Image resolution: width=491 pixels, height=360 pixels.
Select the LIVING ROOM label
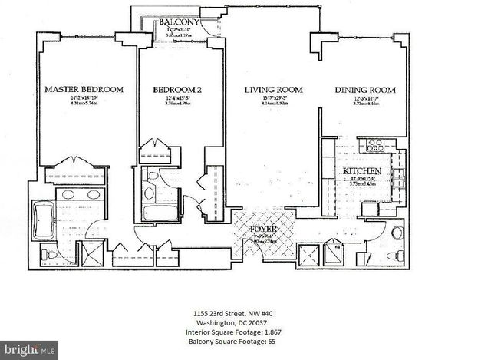pyautogui.click(x=273, y=90)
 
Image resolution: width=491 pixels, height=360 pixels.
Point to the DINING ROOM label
pyautogui.click(x=365, y=90)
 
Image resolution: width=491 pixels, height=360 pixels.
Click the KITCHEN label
pyautogui.click(x=358, y=170)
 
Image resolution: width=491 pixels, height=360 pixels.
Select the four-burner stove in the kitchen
pyautogui.click(x=374, y=145)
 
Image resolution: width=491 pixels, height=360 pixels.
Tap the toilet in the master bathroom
pyautogui.click(x=51, y=254)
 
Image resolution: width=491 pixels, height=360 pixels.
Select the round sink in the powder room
pyautogui.click(x=397, y=233)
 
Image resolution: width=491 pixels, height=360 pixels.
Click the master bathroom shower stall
pyautogui.click(x=91, y=253)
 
